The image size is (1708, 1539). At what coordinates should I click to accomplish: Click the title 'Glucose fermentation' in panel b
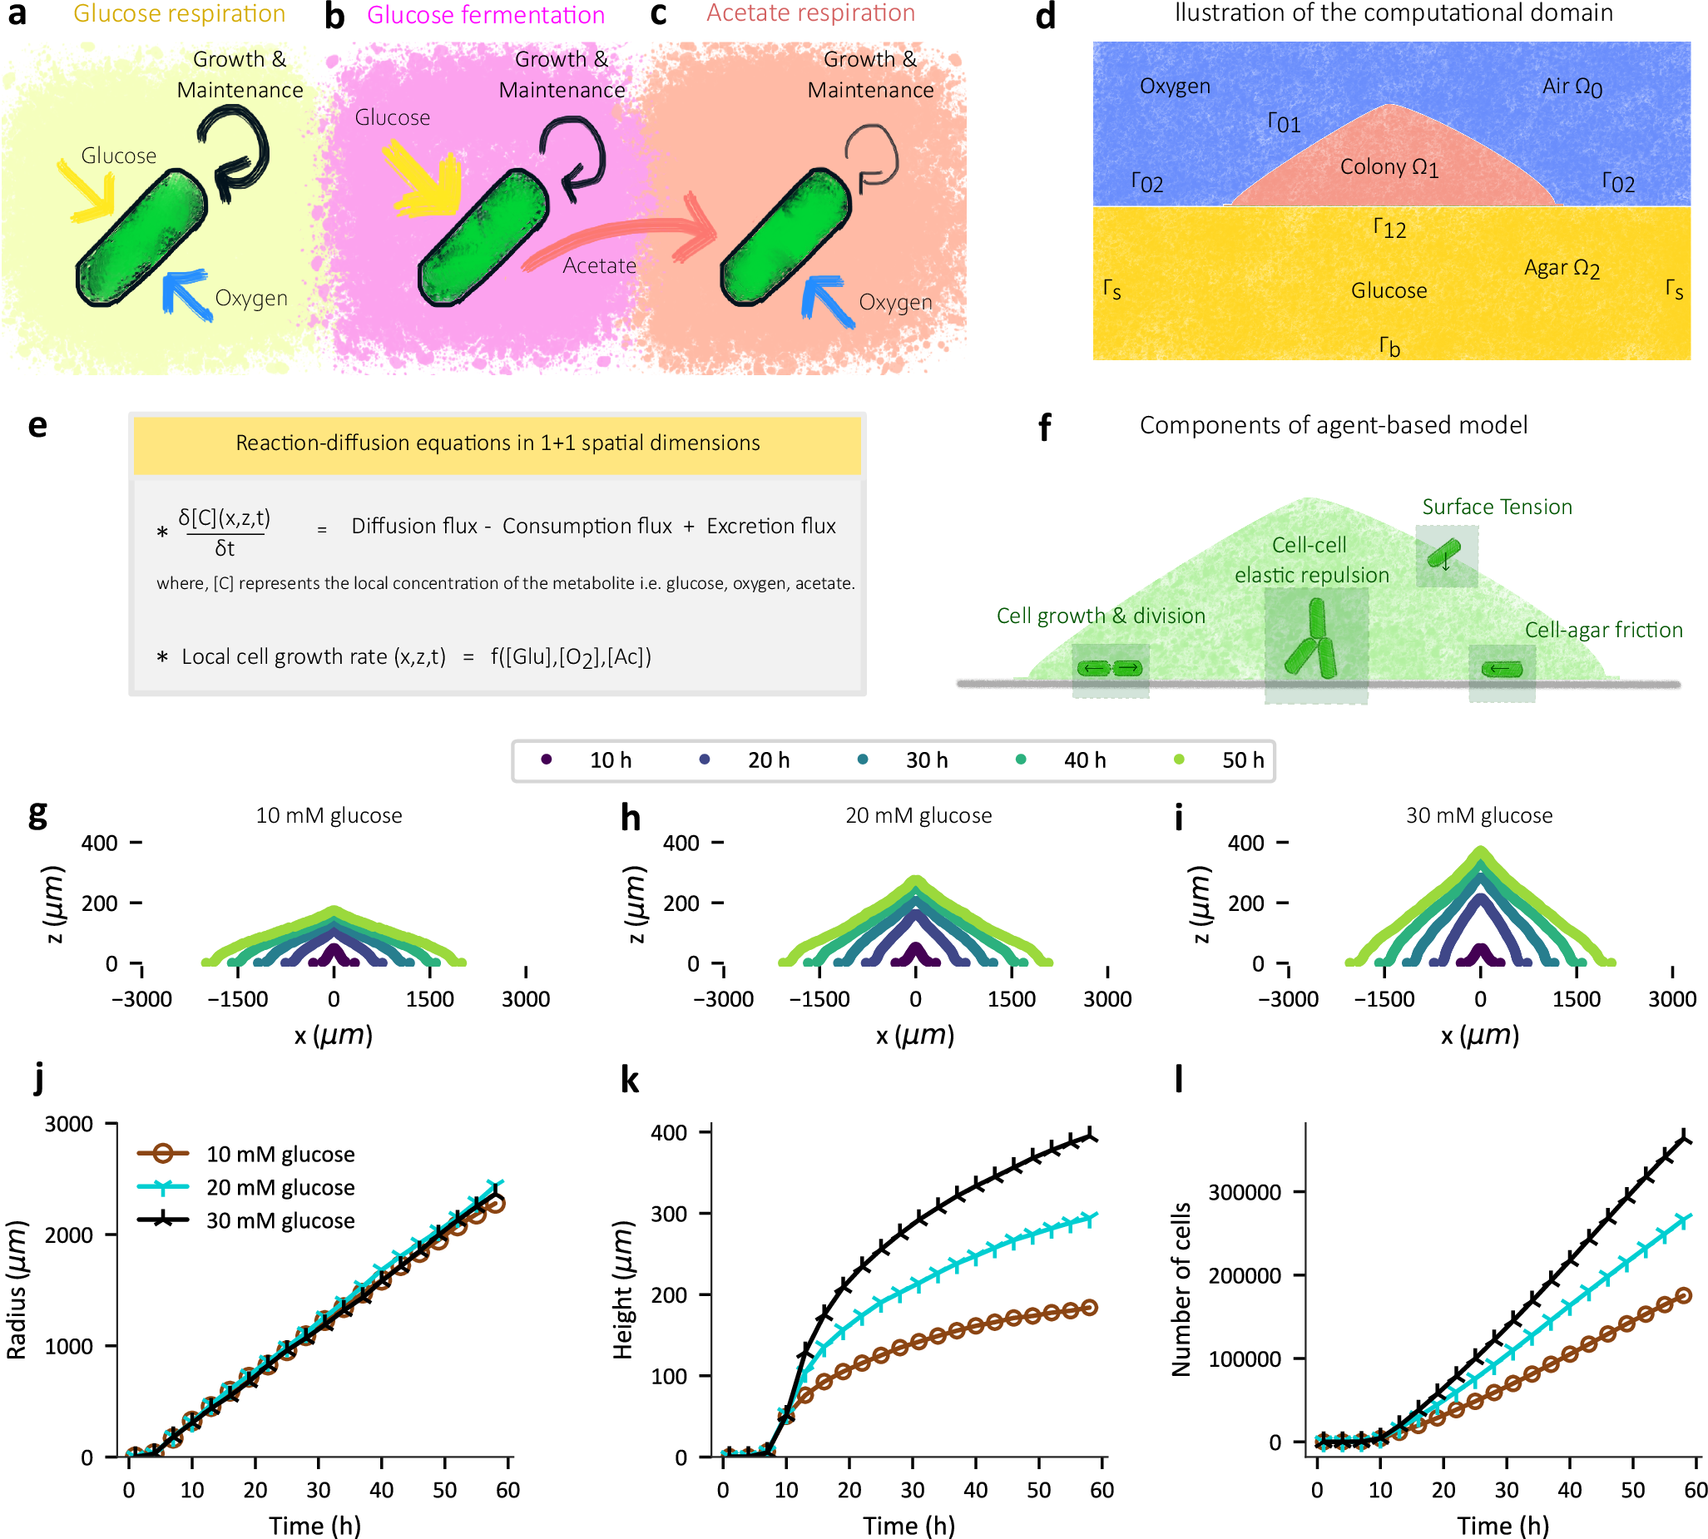485,15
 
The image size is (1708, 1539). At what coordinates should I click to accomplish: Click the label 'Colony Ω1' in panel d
1389,167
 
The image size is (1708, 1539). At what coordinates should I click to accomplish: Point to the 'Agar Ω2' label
1561,268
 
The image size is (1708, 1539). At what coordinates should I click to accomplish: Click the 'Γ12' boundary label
1389,228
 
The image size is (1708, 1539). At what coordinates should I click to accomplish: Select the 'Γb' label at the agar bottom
1389,346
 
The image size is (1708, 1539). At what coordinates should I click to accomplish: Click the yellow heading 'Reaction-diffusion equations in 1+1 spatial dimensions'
498,443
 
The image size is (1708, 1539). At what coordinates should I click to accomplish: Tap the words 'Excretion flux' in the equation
770,526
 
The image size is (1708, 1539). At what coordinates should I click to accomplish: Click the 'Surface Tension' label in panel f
1497,507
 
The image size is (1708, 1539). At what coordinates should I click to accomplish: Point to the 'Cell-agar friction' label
1603,630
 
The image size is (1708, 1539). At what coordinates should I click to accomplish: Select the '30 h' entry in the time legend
926,760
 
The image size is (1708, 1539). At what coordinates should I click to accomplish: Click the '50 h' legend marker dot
1179,760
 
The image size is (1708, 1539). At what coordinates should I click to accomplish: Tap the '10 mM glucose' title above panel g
329,815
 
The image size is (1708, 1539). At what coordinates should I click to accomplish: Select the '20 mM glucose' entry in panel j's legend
280,1187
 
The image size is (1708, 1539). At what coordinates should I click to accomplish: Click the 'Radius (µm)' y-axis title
17,1290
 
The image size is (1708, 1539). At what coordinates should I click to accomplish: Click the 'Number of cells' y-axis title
1181,1290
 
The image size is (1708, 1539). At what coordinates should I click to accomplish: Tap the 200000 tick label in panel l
1244,1275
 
